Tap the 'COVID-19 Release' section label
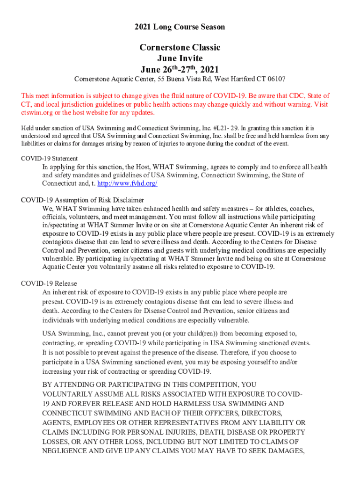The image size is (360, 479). tap(49, 283)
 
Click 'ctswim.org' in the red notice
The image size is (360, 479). tap(37, 113)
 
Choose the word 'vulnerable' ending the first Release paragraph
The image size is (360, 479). tap(233, 320)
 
